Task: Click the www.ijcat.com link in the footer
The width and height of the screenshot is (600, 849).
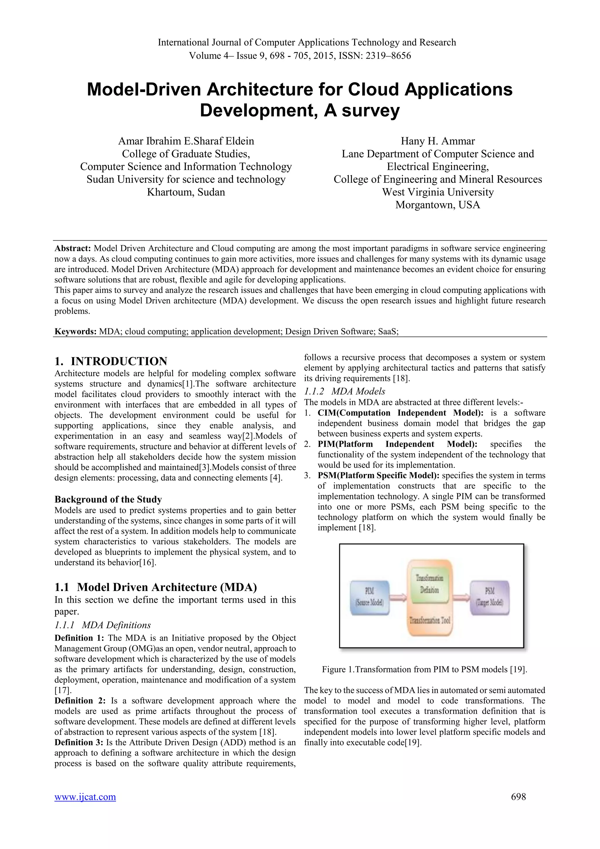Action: pos(85,797)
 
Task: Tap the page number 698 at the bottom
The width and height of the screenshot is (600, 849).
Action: pos(518,797)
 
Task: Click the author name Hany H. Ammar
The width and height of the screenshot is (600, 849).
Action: pos(437,141)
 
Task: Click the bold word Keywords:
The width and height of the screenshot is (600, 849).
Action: pos(75,331)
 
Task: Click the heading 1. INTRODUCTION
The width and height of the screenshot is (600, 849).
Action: pos(111,361)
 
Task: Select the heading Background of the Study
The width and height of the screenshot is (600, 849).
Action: pos(108,499)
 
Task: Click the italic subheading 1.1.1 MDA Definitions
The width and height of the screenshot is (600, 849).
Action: pos(103,625)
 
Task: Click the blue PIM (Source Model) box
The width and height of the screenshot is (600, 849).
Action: pos(369,598)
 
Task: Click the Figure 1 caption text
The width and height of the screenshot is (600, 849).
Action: pos(424,669)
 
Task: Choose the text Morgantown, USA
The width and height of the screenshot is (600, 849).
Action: pos(437,205)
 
